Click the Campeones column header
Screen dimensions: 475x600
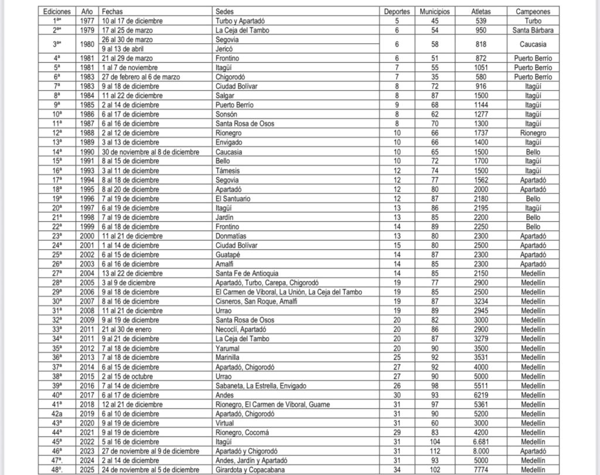533,12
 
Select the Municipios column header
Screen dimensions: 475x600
434,12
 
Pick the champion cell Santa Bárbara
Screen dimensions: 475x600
533,30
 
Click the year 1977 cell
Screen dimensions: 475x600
87,21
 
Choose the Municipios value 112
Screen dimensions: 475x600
434,450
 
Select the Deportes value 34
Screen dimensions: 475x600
397,469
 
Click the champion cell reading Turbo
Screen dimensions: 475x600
533,21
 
